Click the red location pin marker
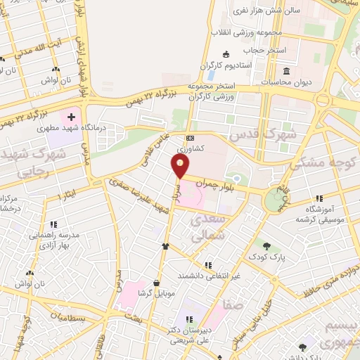[x=181, y=166]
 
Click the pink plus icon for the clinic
[x=71, y=115]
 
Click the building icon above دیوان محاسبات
[x=287, y=72]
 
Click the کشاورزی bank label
[x=191, y=148]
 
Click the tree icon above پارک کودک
[x=266, y=245]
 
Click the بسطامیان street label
[x=85, y=319]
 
